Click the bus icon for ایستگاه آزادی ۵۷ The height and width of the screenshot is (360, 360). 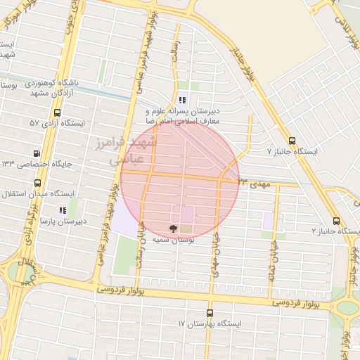point(57,111)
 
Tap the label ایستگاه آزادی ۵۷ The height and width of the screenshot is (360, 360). point(57,123)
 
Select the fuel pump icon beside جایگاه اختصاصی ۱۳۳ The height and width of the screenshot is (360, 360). point(37,153)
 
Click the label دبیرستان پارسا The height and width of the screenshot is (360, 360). point(63,221)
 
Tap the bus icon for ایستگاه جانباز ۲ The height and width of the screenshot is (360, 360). point(335,219)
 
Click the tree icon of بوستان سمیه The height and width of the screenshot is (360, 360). point(173,228)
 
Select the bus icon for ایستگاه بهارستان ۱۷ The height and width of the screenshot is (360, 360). point(210,313)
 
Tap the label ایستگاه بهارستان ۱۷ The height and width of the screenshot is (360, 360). point(210,324)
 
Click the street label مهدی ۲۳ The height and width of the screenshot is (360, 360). point(253,183)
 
